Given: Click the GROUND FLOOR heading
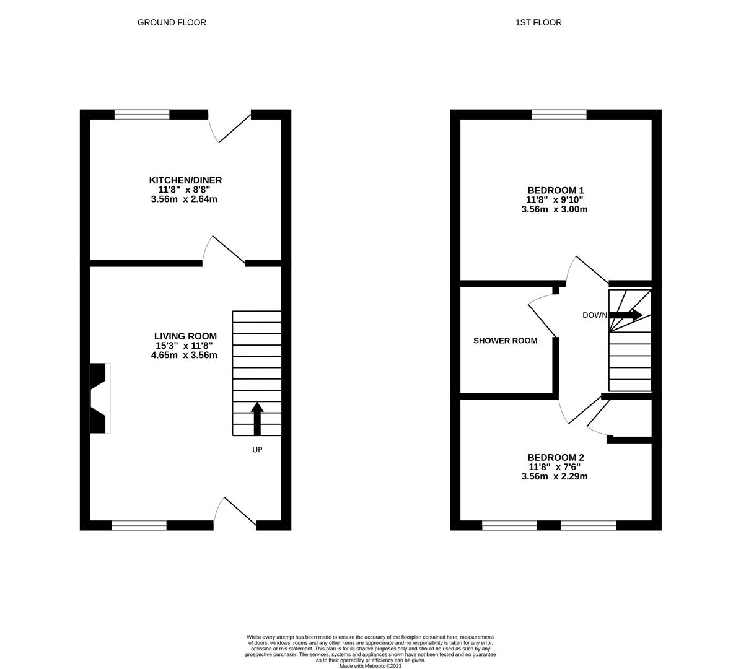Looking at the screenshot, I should coord(172,22).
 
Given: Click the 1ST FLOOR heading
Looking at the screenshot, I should coord(538,22).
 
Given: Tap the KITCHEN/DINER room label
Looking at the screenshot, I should coord(185,180).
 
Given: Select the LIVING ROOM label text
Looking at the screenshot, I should coord(185,336).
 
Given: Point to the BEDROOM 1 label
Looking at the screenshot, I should coord(555,190).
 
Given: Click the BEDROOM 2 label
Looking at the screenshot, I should coord(555,458).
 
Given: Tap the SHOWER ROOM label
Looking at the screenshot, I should coord(505,341).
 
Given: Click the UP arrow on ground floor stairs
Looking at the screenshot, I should coord(257,418).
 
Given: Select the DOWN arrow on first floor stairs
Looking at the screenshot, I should coord(626,315).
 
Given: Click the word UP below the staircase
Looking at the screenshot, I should coord(257,450).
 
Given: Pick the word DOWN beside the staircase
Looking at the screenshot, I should coord(594,315).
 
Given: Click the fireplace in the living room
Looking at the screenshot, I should coord(99,398).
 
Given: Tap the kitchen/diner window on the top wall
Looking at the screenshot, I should coord(142,114).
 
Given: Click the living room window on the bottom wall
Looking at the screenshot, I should coord(139,525).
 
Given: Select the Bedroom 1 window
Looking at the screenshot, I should coord(559,114).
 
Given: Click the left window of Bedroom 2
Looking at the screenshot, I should coord(509,525).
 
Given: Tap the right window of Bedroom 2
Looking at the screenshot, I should coord(588,525).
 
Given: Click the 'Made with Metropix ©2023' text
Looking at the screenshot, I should coord(370,666).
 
